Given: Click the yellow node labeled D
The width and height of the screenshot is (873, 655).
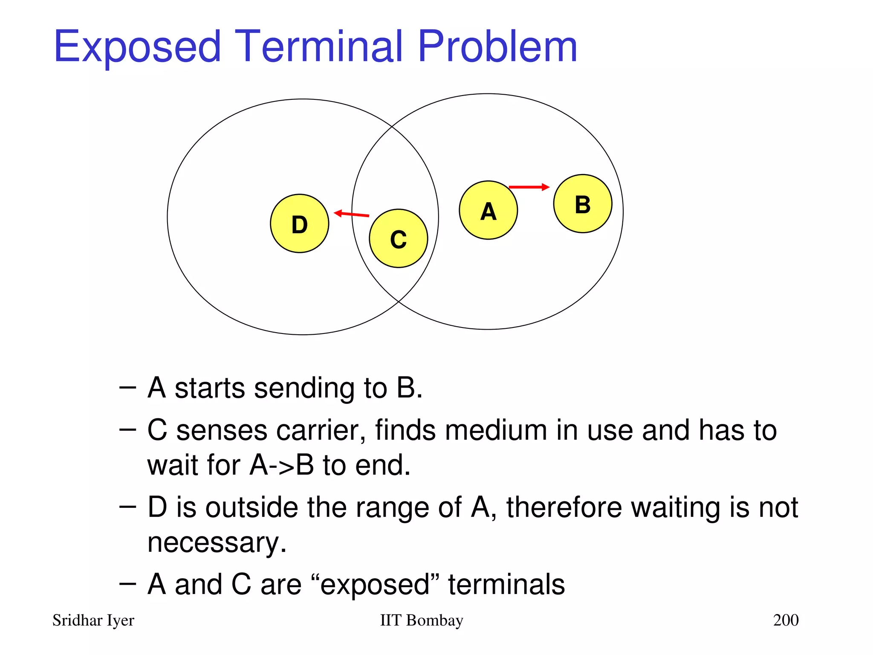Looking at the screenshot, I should click(299, 223).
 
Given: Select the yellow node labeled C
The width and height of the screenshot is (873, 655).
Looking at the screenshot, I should click(398, 238).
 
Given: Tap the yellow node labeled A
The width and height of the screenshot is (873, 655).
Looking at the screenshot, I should click(488, 210).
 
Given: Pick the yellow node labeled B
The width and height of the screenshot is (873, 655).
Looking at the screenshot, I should click(582, 204).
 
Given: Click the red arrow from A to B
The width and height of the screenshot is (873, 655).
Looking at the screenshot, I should click(529, 187).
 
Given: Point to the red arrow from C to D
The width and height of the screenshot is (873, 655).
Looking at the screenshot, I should click(352, 214).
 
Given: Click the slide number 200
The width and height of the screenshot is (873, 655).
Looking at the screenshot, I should click(786, 620).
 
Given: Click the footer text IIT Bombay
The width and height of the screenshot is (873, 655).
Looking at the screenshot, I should click(421, 620).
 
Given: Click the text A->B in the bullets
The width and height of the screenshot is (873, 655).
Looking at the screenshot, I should click(282, 465).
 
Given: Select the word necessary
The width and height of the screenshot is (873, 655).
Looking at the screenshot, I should click(217, 542).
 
